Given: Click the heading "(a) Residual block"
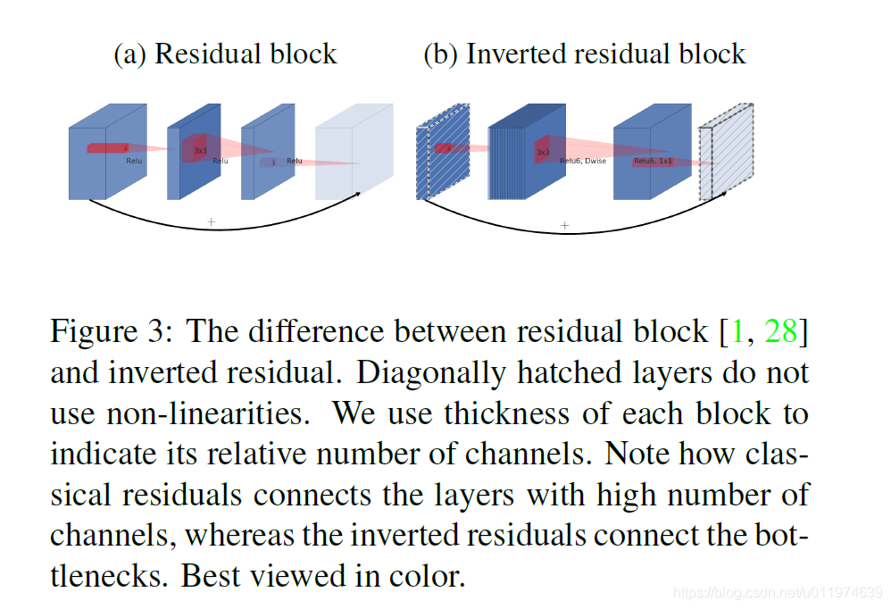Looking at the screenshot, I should click(225, 54).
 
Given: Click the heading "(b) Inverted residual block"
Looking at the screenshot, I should click(584, 54).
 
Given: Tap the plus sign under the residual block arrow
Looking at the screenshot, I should click(212, 221).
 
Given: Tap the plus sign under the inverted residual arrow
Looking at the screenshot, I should click(564, 225).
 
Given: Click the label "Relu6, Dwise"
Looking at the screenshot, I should click(582, 162).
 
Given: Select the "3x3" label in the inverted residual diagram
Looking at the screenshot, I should click(542, 153).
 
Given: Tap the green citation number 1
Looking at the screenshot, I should click(737, 331).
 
